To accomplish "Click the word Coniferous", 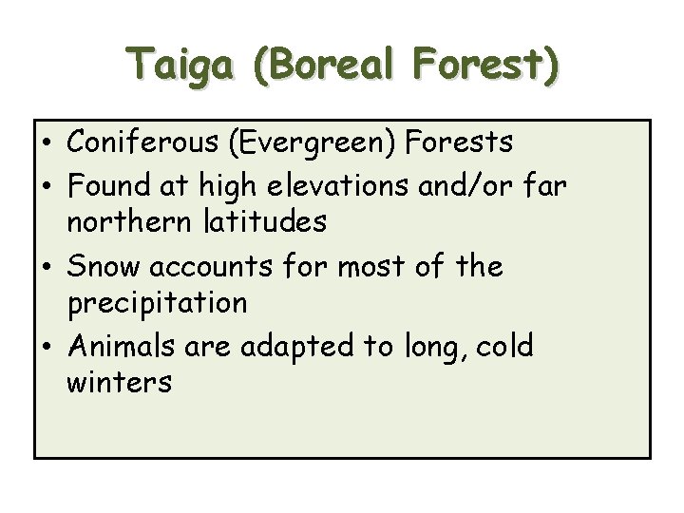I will (143, 142).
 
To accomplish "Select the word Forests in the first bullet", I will (459, 142).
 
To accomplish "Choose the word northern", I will (126, 223).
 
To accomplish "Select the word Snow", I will (104, 266).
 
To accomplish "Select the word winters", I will (119, 384).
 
